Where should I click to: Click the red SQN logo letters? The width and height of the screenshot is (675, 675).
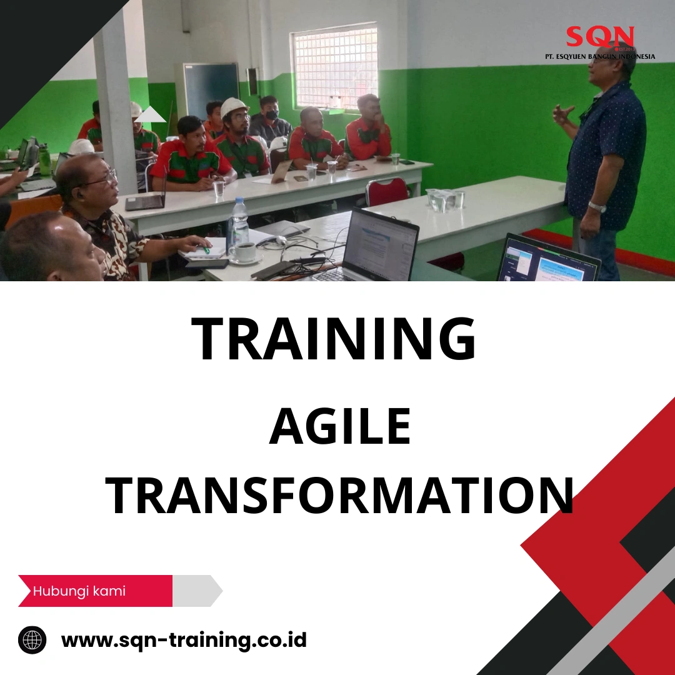[x=600, y=37]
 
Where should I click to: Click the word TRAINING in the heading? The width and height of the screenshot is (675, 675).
[x=334, y=339]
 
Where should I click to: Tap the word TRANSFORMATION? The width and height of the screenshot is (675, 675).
[x=339, y=495]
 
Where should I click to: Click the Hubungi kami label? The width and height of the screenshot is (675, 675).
[x=79, y=591]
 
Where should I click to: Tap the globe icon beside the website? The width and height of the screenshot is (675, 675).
[x=32, y=640]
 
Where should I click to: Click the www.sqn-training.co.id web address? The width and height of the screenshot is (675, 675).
[x=184, y=640]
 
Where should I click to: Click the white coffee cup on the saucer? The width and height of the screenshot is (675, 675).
[x=244, y=251]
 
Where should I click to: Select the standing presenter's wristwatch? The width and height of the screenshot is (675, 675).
[x=597, y=207]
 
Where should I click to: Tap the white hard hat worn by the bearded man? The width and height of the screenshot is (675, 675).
[x=234, y=107]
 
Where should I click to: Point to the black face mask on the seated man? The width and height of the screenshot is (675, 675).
[x=271, y=116]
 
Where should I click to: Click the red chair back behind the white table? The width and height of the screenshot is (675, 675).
[x=387, y=190]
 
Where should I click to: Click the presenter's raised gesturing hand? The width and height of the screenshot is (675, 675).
[x=563, y=114]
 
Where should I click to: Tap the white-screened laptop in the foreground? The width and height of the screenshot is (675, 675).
[x=378, y=245]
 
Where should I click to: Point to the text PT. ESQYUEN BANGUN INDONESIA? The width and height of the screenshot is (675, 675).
[x=600, y=57]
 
